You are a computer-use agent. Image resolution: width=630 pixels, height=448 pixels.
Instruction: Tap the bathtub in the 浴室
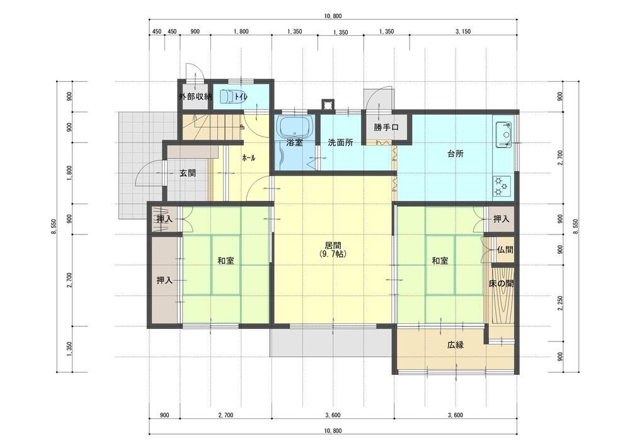[295, 127]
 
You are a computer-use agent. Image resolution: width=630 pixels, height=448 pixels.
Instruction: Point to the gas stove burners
[501, 187]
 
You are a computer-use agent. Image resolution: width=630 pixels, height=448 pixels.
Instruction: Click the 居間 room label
[333, 246]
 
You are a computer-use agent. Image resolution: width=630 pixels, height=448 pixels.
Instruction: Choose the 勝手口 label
[386, 127]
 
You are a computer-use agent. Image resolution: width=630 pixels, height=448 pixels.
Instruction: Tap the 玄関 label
[187, 173]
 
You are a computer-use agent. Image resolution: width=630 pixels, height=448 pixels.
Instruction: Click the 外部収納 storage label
[195, 96]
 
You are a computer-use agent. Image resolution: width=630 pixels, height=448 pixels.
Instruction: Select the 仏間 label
[505, 250]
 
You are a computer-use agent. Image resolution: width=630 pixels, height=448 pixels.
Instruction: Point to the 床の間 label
[501, 284]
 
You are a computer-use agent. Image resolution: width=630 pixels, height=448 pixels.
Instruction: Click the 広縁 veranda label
[455, 345]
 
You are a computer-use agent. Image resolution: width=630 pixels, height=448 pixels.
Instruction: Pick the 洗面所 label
[340, 142]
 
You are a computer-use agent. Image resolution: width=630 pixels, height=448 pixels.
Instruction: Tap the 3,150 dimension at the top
[463, 32]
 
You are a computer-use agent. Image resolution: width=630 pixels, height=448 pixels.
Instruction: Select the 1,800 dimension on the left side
[70, 173]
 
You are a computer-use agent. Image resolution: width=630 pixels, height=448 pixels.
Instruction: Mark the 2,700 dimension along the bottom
[226, 415]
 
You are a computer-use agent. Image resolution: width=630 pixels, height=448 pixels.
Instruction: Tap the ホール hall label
[249, 158]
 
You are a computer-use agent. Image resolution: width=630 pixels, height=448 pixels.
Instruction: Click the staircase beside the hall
[211, 127]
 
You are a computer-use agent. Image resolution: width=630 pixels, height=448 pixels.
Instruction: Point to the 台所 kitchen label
[455, 154]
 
